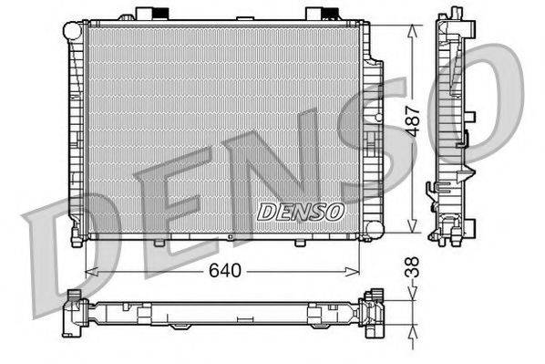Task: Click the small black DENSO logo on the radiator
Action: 301,212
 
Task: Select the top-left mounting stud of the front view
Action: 147,14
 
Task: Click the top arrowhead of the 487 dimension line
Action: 415,26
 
